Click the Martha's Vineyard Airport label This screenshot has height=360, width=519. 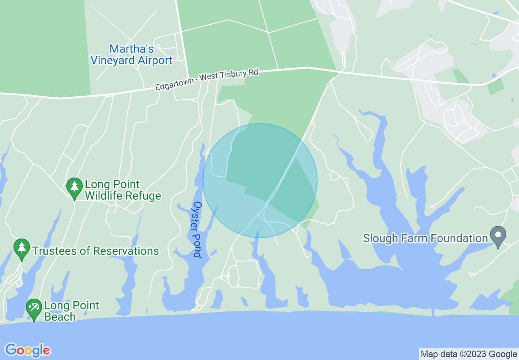(x=131, y=55)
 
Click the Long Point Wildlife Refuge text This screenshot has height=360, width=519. (x=123, y=190)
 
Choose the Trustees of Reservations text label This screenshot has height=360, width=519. (x=95, y=251)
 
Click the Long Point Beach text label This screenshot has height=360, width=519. (x=72, y=311)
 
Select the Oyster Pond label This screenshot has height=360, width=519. (x=198, y=229)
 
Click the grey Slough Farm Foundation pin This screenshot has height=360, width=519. (x=498, y=236)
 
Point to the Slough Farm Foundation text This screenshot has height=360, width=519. (x=426, y=238)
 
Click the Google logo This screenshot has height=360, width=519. (x=28, y=350)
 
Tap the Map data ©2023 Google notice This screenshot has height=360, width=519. (x=469, y=354)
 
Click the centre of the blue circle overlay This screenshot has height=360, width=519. (x=260, y=180)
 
